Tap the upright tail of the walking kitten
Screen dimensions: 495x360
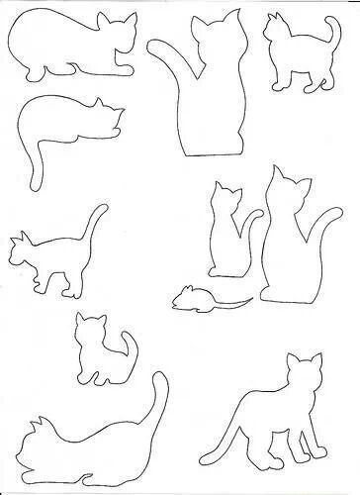pos(96,222)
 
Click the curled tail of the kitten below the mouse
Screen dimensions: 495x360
pos(127,346)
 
